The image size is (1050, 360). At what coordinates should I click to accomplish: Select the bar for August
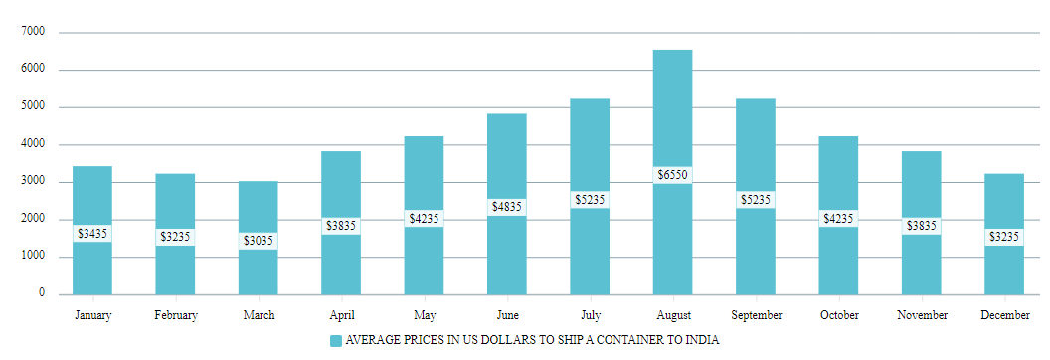pyautogui.click(x=672, y=109)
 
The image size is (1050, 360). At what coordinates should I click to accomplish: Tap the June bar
pyautogui.click(x=506, y=159)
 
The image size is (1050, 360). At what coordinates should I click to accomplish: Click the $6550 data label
pyautogui.click(x=672, y=175)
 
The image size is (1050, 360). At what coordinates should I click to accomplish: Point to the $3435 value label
pyautogui.click(x=92, y=234)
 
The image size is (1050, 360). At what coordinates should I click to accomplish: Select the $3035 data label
pyautogui.click(x=258, y=241)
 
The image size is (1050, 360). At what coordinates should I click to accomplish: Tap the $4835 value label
pyautogui.click(x=506, y=207)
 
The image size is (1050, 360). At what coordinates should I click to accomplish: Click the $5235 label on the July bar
pyautogui.click(x=590, y=200)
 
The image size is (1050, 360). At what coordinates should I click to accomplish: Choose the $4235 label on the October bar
pyautogui.click(x=838, y=218)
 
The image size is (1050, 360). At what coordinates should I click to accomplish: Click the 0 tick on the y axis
pyautogui.click(x=42, y=293)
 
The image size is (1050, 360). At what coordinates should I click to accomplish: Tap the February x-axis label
pyautogui.click(x=175, y=316)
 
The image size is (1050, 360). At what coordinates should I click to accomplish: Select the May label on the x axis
pyautogui.click(x=424, y=316)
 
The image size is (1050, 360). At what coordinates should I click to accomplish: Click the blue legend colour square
pyautogui.click(x=335, y=341)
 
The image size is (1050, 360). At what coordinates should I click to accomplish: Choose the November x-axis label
pyautogui.click(x=921, y=316)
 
